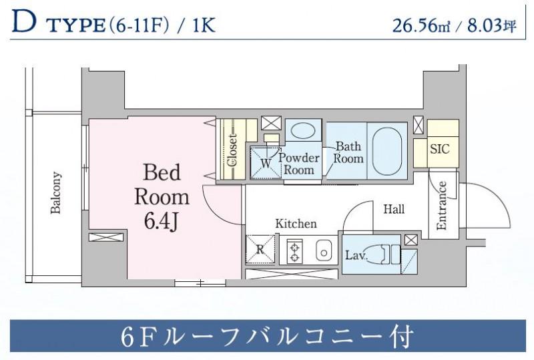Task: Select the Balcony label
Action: pyautogui.click(x=56, y=194)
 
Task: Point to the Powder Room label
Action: pyautogui.click(x=298, y=164)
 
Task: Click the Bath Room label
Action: pyautogui.click(x=348, y=152)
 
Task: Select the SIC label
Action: pyautogui.click(x=440, y=149)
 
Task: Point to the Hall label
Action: pyautogui.click(x=394, y=209)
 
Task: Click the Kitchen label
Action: pyautogui.click(x=296, y=223)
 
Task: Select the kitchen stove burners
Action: pyautogui.click(x=294, y=251)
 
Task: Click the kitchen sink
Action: pyautogui.click(x=322, y=252)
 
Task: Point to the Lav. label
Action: pyautogui.click(x=354, y=255)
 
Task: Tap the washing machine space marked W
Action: pyautogui.click(x=265, y=162)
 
